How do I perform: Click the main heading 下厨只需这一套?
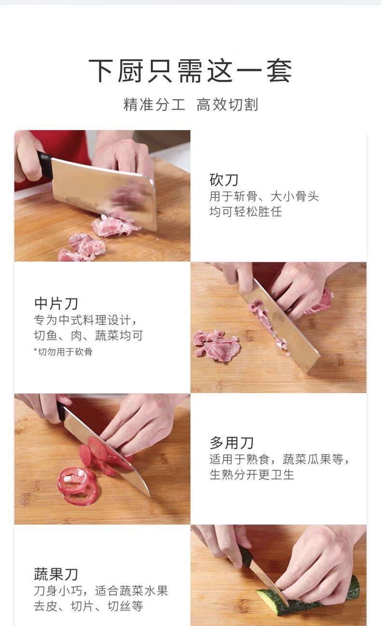[x=190, y=71]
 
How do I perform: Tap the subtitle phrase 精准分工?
[x=154, y=105]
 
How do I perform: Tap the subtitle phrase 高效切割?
[x=227, y=105]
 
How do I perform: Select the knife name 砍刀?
[x=224, y=180]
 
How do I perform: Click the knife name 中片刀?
[x=56, y=303]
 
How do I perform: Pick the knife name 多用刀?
[x=231, y=443]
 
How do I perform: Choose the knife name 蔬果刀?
[x=56, y=574]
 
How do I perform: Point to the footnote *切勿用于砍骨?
[x=63, y=352]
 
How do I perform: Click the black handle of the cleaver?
[x=45, y=165]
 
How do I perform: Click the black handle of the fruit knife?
[x=246, y=557]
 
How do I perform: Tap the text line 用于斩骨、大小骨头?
[x=264, y=196]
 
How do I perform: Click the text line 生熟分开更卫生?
[x=252, y=474]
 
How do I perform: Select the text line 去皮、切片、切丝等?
[x=89, y=606]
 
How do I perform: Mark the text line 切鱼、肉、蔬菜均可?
[x=89, y=335]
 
